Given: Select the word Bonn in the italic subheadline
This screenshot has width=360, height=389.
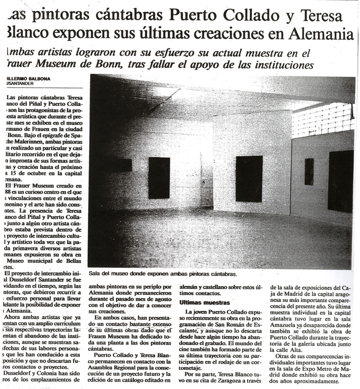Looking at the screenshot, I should tap(105, 65).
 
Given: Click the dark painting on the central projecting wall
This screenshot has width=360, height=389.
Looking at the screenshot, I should tap(249, 179).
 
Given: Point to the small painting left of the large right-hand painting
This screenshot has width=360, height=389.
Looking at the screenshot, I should tap(309, 171).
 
